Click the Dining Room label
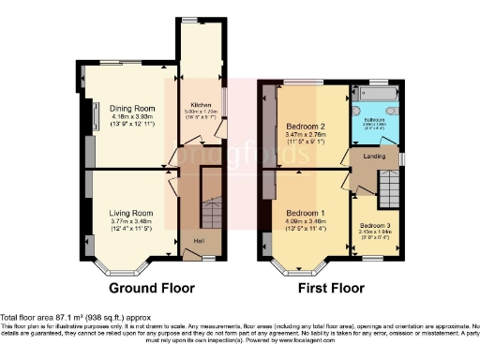click(x=130, y=108)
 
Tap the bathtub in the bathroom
click(x=374, y=95)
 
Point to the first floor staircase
click(x=388, y=193)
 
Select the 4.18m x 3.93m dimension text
click(x=130, y=117)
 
